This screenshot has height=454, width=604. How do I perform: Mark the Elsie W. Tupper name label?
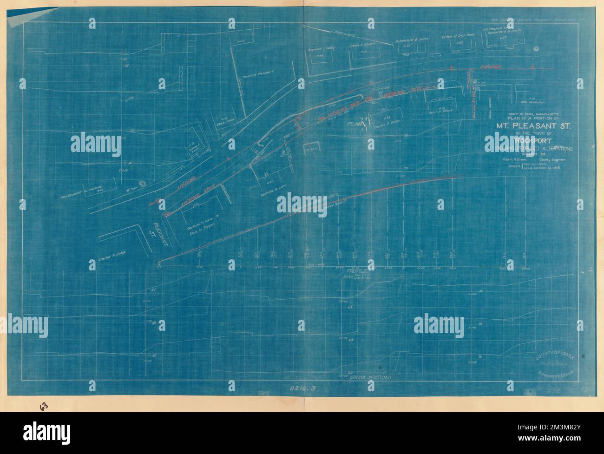pyautogui.click(x=200, y=235)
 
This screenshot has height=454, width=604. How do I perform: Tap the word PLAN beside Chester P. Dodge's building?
pyautogui.click(x=357, y=125)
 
